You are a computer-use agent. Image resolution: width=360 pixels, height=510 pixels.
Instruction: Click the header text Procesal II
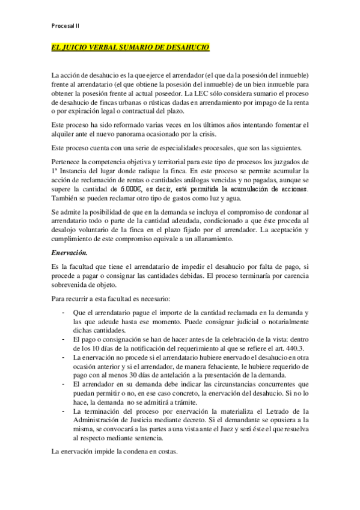point(67,26)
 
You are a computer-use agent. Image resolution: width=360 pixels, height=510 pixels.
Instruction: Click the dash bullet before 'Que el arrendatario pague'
point(64,312)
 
